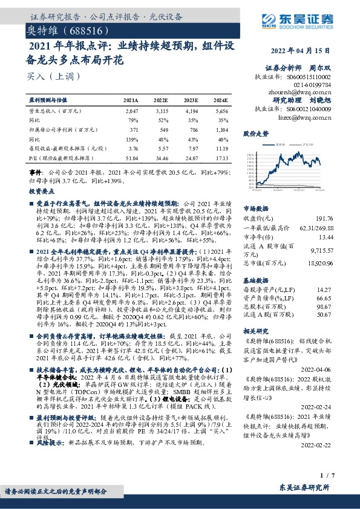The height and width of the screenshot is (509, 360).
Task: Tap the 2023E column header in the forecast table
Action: [191, 99]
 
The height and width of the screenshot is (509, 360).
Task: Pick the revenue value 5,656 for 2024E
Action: [221, 112]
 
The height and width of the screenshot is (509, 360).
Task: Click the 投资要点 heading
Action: [42, 191]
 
